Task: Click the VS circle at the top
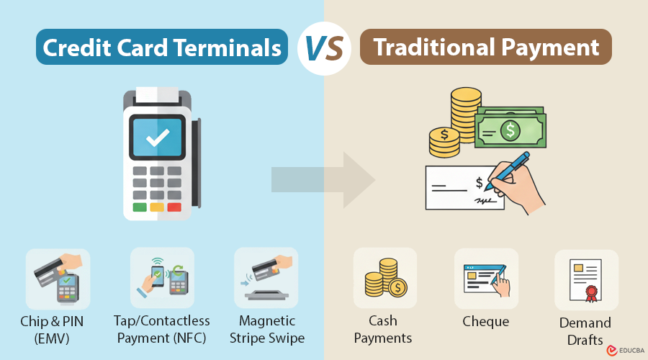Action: click(x=324, y=48)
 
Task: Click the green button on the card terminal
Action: click(x=140, y=207)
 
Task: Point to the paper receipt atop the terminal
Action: click(x=156, y=94)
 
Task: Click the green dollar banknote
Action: click(x=510, y=130)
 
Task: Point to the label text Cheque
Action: click(x=486, y=322)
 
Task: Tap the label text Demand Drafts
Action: click(x=585, y=330)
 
